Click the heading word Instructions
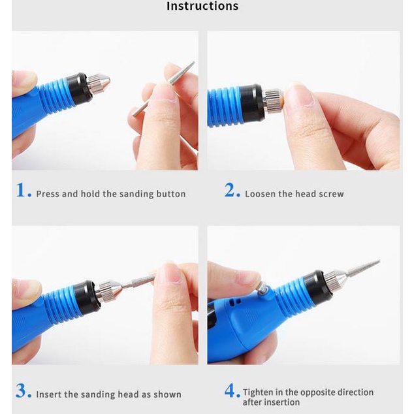tap(202, 6)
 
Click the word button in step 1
tap(171, 194)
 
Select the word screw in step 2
tap(331, 195)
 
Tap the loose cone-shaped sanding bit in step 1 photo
tap(164, 89)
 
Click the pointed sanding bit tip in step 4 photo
tap(379, 261)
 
